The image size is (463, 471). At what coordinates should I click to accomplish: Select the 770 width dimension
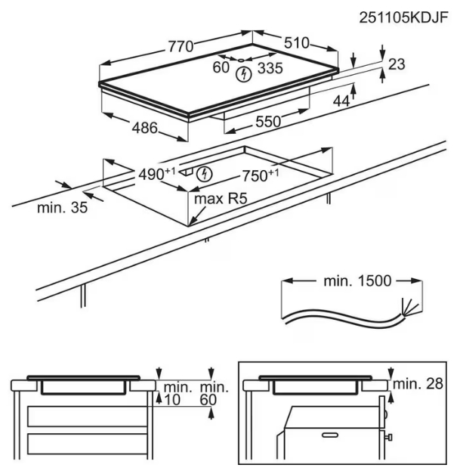(x=180, y=46)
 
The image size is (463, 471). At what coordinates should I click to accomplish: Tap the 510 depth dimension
(x=296, y=44)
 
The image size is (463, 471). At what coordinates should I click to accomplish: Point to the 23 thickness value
(x=397, y=65)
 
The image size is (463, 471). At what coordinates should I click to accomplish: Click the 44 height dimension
(x=341, y=101)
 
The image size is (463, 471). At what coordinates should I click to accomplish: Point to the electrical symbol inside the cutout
(x=204, y=175)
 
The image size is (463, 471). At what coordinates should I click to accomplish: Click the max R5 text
(x=221, y=200)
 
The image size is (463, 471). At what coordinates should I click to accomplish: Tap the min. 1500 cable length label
(x=354, y=281)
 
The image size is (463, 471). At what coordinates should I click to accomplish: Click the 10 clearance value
(x=173, y=398)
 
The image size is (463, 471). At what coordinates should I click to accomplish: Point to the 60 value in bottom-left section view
(x=208, y=398)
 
